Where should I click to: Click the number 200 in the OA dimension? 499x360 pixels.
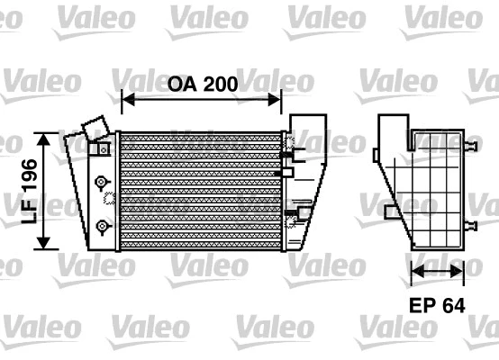[219, 85]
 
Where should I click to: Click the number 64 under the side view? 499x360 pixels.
[452, 306]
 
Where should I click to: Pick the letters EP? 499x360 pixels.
[422, 306]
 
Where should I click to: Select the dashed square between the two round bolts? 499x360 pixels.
[107, 201]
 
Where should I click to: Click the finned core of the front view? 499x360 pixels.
[200, 189]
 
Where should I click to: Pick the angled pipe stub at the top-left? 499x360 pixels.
[93, 127]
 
